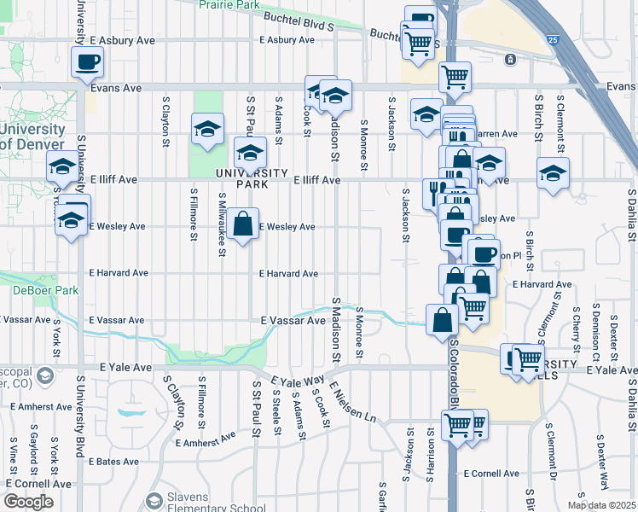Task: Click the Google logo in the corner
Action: [x=29, y=502]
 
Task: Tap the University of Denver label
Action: [x=32, y=137]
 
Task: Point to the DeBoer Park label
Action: [x=34, y=290]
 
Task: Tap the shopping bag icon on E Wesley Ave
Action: [x=243, y=224]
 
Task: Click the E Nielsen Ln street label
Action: [x=350, y=402]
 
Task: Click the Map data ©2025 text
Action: [x=600, y=505]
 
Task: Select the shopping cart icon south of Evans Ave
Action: [x=455, y=77]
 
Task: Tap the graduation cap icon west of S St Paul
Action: [x=207, y=129]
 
